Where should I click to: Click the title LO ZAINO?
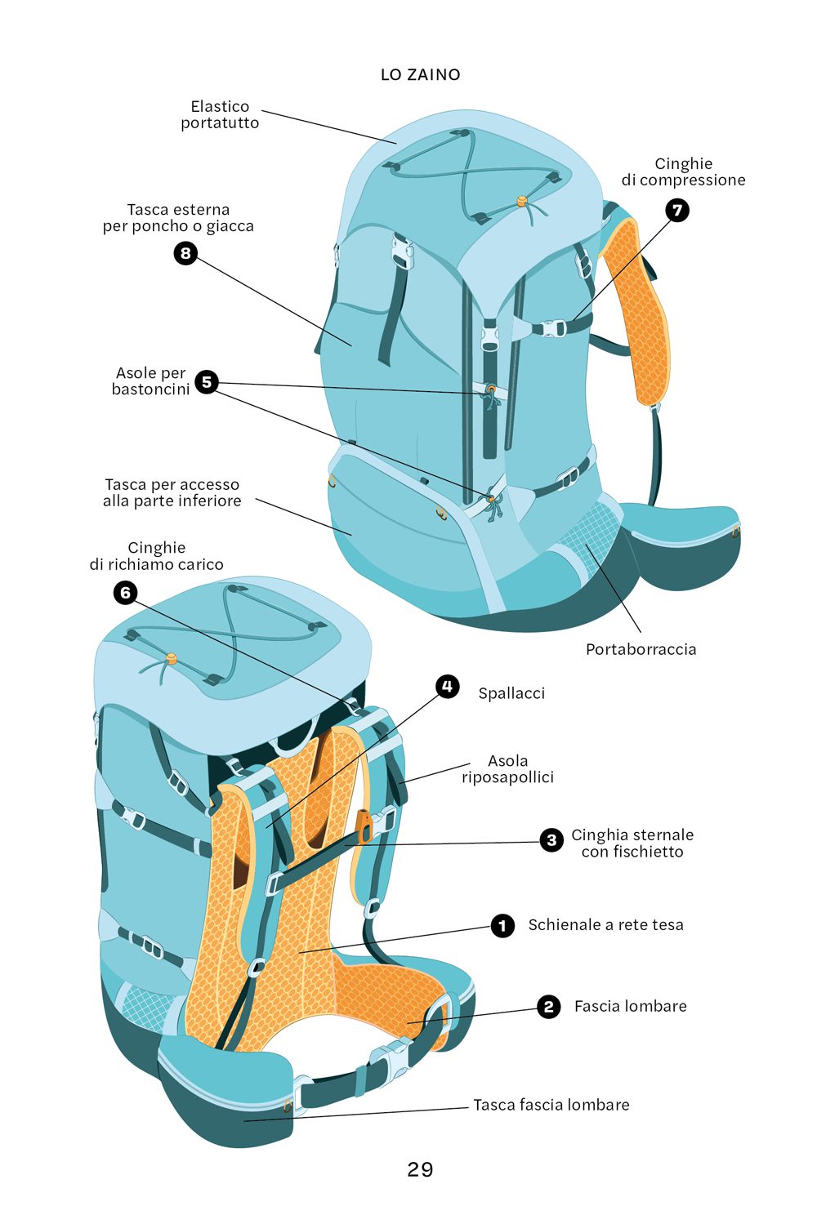[420, 74]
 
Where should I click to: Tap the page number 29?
[420, 1169]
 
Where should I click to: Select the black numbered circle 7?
[676, 210]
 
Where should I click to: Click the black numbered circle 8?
[185, 253]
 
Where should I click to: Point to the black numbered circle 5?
[207, 381]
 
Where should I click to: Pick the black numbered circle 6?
[125, 592]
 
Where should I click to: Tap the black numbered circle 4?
[447, 686]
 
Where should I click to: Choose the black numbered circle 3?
[551, 839]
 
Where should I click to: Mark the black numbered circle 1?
[502, 925]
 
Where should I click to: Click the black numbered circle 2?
[548, 1007]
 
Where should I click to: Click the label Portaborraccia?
[641, 649]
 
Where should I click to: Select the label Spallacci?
[511, 693]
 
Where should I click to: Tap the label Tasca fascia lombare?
[551, 1105]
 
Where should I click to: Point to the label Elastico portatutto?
[220, 114]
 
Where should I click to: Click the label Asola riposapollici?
[507, 769]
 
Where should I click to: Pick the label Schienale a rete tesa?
[605, 924]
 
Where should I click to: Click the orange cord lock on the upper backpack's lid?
[521, 199]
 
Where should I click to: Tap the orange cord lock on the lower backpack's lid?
[172, 658]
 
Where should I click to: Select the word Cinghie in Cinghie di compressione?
[683, 163]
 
